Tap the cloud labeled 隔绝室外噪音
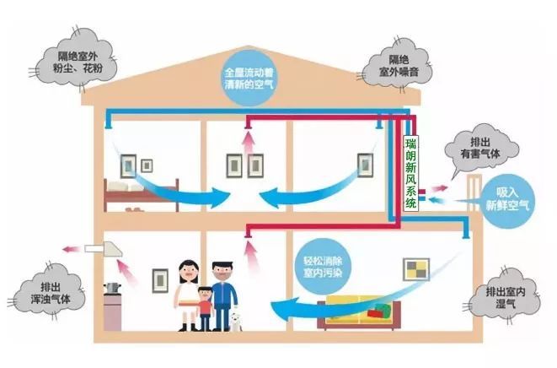[x=397, y=65]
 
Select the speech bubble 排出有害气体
[x=480, y=149]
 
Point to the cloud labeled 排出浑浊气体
[x=49, y=293]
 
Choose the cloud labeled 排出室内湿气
[x=505, y=297]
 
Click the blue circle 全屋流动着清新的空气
[x=249, y=78]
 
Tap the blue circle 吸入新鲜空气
[x=507, y=200]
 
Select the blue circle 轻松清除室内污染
[x=323, y=266]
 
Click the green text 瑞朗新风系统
[x=410, y=173]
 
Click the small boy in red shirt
[x=205, y=308]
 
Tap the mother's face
[x=189, y=273]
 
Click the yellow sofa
[x=359, y=312]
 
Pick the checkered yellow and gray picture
[x=416, y=269]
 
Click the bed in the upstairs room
[x=141, y=195]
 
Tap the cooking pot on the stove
[x=112, y=287]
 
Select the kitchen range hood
[x=104, y=248]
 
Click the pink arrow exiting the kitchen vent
[x=71, y=249]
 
